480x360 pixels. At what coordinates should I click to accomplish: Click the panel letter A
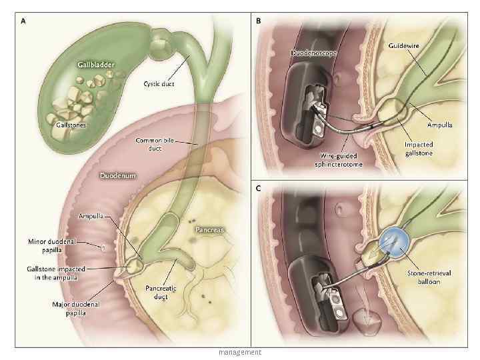tap(24, 21)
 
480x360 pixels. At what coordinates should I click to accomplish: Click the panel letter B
tap(259, 21)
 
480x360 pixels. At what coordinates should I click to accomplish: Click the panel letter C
tap(259, 189)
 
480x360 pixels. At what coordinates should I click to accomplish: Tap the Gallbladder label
tap(95, 66)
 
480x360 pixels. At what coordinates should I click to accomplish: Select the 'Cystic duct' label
tap(160, 84)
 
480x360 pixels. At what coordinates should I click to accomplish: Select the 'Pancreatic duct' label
tap(161, 292)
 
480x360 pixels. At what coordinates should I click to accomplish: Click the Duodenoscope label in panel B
tap(313, 52)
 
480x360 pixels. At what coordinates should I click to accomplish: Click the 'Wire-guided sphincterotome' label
tap(340, 160)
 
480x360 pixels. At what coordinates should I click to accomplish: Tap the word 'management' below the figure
tap(239, 352)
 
